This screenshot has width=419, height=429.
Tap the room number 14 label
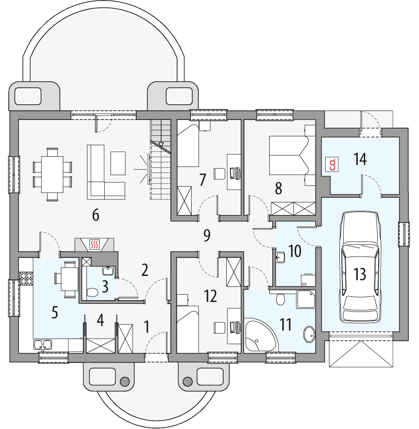tap(360, 159)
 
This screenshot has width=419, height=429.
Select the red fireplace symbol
tap(94, 244)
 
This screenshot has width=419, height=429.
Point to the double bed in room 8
tap(288, 155)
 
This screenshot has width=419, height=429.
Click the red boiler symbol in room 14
tap(332, 165)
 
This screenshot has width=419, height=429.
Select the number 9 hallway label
tap(207, 235)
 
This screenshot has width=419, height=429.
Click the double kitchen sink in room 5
tap(42, 345)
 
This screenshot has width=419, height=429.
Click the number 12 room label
tap(211, 296)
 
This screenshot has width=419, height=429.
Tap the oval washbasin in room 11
tap(309, 334)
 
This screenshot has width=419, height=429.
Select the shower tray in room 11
tap(306, 299)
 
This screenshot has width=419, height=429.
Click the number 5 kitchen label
tap(54, 313)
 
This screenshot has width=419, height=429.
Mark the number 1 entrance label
tap(147, 327)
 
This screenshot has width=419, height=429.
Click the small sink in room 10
tap(280, 256)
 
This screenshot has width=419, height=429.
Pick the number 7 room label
tap(203, 179)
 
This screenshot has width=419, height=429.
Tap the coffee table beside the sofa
tap(118, 163)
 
